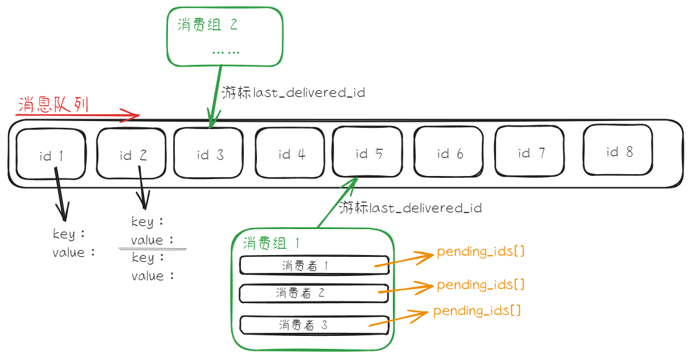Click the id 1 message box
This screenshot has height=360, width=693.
click(51, 154)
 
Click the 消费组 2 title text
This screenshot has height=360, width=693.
click(208, 25)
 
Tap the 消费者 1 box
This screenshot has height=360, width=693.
click(314, 266)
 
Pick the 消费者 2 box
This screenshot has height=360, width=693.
click(314, 293)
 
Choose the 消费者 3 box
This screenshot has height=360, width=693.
click(314, 325)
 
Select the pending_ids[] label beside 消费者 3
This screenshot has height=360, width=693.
click(477, 311)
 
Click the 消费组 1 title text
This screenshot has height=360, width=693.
click(272, 243)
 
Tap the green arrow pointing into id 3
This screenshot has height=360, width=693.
click(215, 96)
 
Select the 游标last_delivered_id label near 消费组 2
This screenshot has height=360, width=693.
click(293, 93)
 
